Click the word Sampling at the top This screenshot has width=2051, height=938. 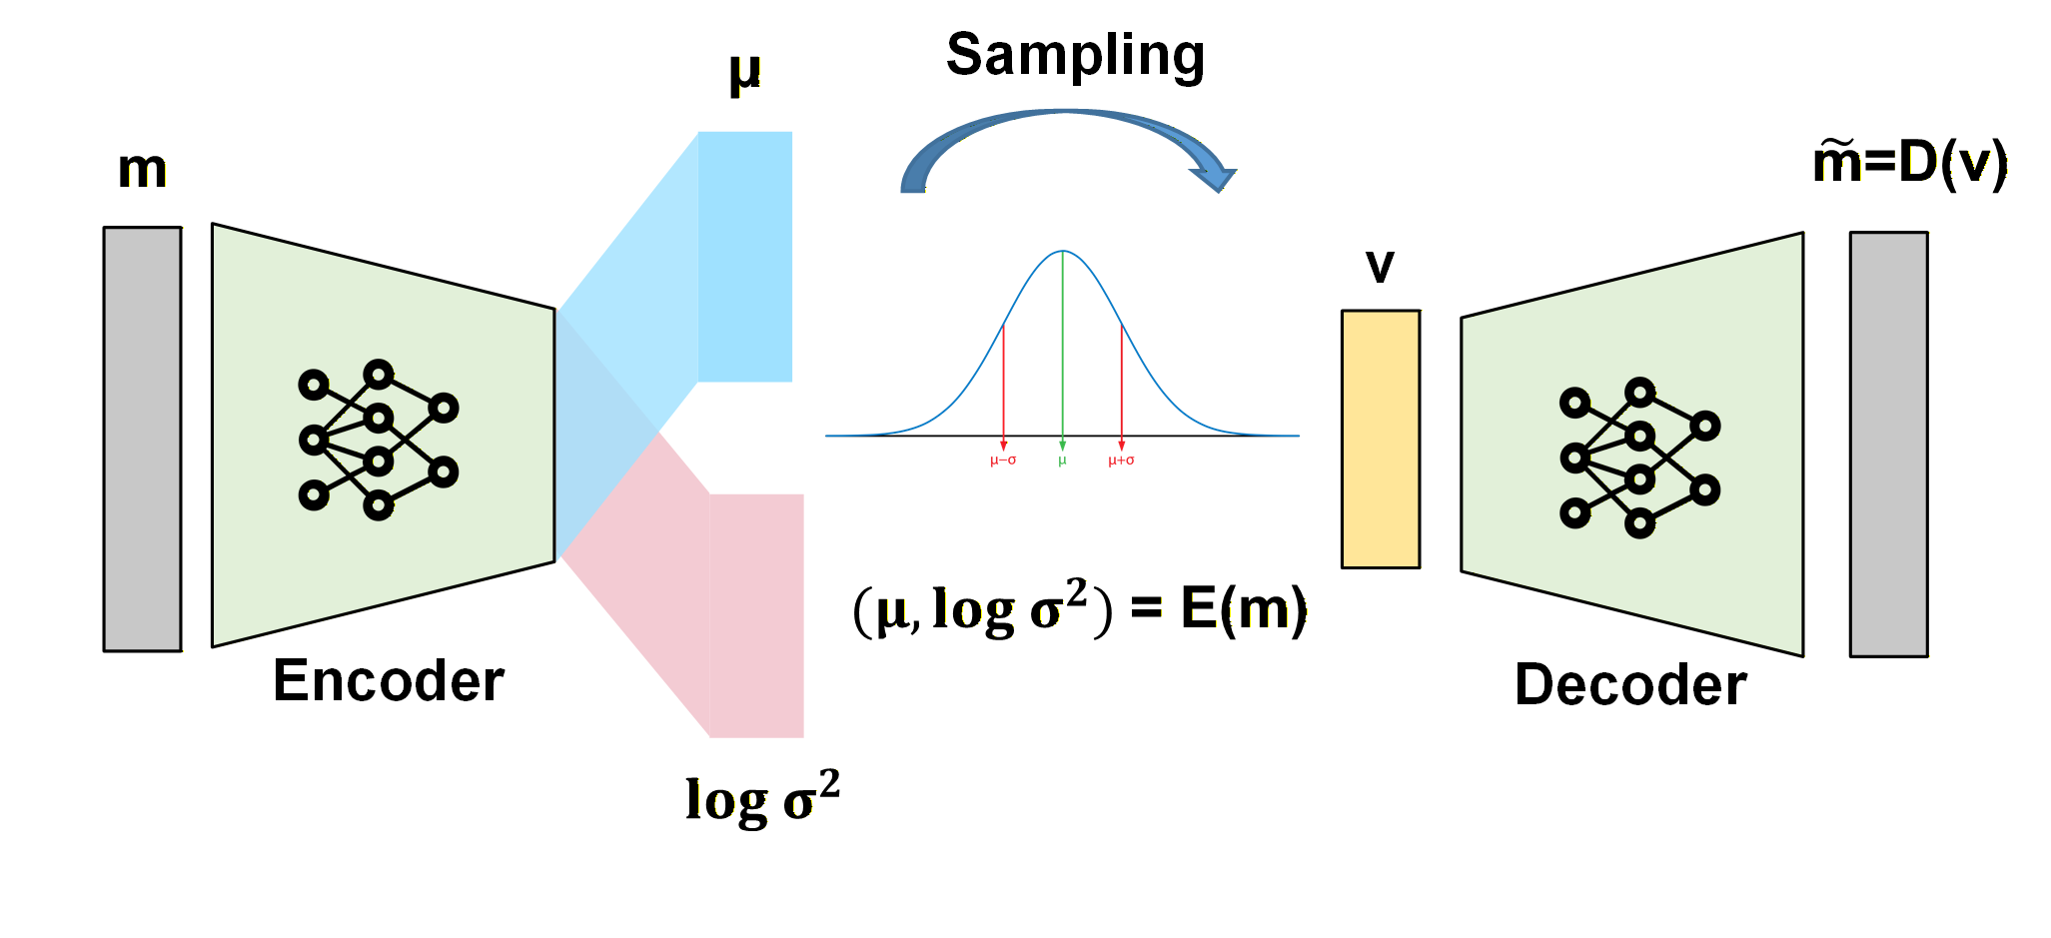click(1075, 55)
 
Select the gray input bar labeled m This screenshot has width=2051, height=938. click(142, 439)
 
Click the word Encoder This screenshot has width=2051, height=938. click(388, 681)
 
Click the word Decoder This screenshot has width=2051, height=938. click(1629, 685)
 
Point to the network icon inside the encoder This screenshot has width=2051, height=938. click(378, 440)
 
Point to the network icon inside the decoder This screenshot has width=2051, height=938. click(1638, 458)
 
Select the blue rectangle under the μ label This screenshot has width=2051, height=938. click(745, 256)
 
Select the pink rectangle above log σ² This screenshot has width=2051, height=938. click(756, 615)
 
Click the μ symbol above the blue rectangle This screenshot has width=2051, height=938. click(745, 73)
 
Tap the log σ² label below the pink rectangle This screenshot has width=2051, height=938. click(761, 799)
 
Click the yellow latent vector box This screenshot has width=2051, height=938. click(1380, 439)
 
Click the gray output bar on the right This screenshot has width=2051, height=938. click(1888, 445)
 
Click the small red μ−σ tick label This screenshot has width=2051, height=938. click(1003, 461)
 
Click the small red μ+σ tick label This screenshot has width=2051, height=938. click(1121, 461)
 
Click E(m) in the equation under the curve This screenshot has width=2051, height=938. click(1243, 608)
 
